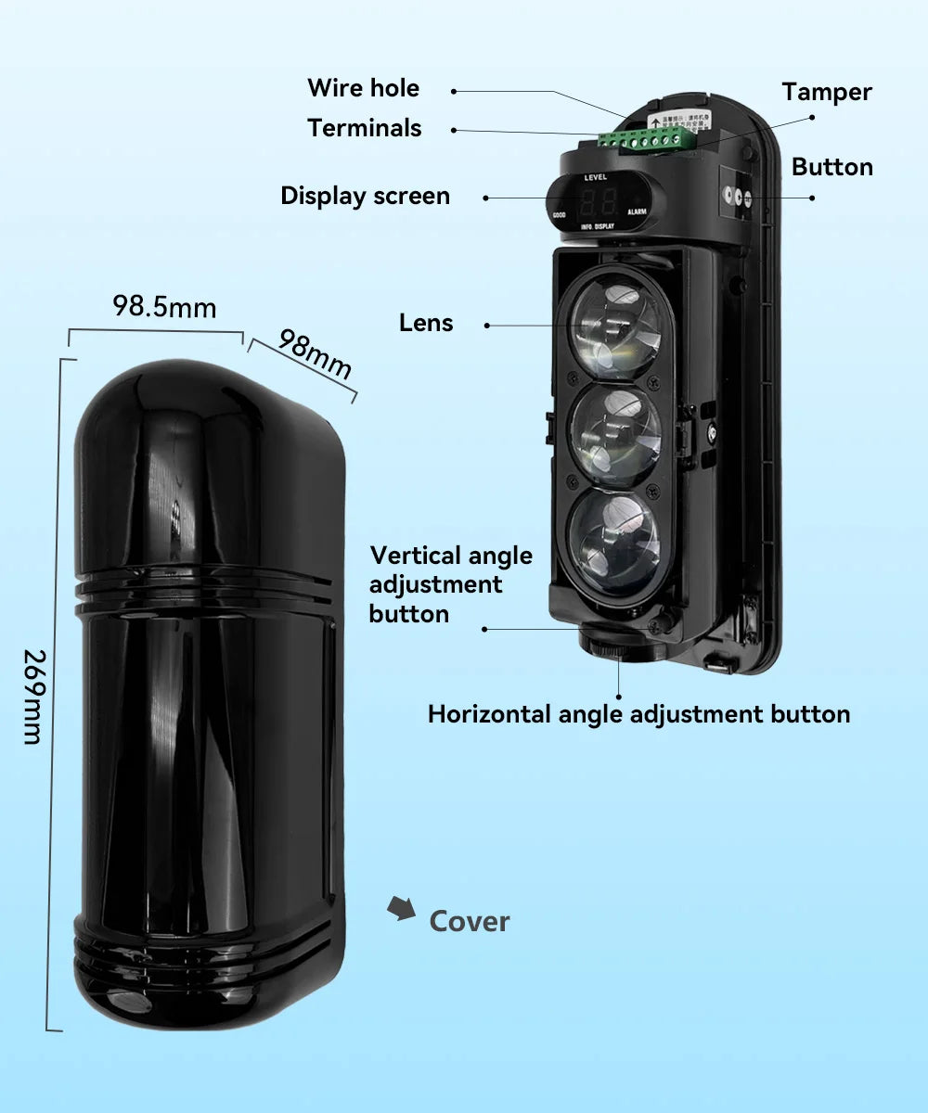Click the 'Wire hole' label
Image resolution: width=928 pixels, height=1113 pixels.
click(x=363, y=88)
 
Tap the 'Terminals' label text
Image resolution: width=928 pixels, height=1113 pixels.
click(x=364, y=128)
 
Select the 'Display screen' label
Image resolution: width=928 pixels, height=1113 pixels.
click(x=365, y=196)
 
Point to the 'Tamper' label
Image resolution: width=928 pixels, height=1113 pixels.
click(x=826, y=92)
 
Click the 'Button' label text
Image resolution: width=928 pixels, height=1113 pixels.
click(x=831, y=167)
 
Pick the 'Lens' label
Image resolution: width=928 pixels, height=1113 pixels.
click(x=426, y=323)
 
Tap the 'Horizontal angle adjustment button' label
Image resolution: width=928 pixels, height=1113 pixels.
click(x=638, y=714)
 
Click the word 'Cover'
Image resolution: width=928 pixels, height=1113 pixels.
click(x=470, y=921)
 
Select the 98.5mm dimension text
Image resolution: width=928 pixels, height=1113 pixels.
click(x=164, y=306)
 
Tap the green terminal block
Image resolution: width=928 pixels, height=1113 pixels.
click(x=647, y=140)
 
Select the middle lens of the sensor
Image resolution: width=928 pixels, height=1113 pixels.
click(x=615, y=436)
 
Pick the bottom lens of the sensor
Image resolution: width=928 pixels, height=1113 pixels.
click(x=615, y=542)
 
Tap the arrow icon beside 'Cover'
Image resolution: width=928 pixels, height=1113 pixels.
click(x=401, y=909)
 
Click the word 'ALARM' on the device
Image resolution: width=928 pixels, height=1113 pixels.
click(x=637, y=212)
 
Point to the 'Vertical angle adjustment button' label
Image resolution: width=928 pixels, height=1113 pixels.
click(x=450, y=584)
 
